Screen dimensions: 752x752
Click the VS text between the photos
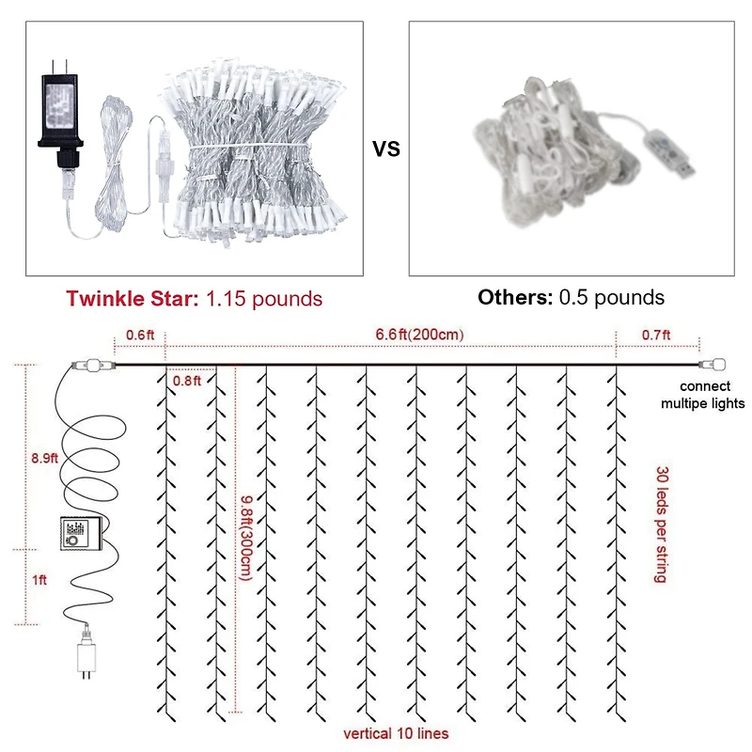click(385, 149)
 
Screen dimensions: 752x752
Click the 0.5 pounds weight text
click(612, 297)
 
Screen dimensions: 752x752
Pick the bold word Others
click(515, 297)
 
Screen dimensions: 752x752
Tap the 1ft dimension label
click(39, 581)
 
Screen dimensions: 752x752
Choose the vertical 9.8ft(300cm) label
click(247, 537)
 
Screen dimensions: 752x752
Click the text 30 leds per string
click(661, 524)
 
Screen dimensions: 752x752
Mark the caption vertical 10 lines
click(395, 733)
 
